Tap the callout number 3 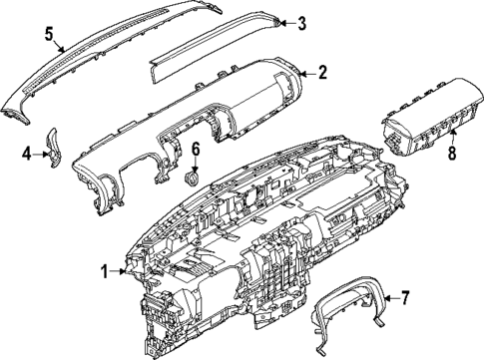pos(301,23)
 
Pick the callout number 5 pos(48,33)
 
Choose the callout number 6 pos(196,150)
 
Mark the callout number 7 pos(405,297)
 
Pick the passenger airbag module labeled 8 pos(419,118)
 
